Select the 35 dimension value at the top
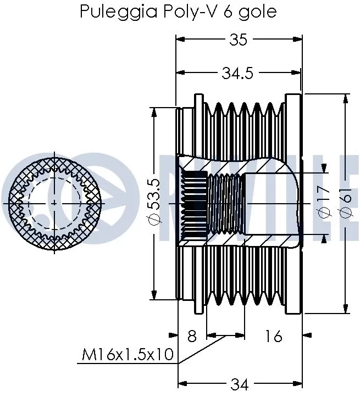239,40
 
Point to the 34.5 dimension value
237,73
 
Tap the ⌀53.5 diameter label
154,201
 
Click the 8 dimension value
192,336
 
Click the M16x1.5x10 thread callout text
128,356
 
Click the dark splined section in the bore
194,204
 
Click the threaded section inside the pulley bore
225,204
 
